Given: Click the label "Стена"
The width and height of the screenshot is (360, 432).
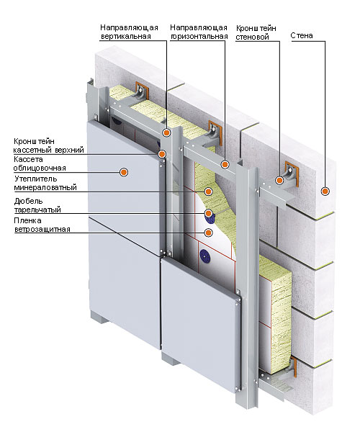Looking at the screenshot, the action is tap(302, 36).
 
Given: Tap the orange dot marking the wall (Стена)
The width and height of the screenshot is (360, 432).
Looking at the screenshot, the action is tap(325, 191).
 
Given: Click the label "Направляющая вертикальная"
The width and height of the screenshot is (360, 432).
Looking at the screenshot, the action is tap(129, 32).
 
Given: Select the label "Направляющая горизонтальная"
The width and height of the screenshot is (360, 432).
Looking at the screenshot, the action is tap(199, 32).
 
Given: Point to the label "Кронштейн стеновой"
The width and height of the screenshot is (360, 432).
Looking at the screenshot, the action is tap(256, 32).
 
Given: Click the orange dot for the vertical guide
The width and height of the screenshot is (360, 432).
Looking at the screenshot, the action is tap(166, 132).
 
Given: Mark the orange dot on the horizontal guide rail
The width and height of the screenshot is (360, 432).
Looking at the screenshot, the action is tap(225, 165).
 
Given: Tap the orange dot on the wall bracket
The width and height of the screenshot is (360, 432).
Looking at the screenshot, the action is tap(279, 181).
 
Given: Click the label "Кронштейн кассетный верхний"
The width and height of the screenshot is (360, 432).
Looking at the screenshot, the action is tap(49, 145).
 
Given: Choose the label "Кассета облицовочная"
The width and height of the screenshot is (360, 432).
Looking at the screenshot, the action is tap(40, 163).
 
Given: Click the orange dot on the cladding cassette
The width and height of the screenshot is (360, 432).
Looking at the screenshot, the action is tap(124, 173).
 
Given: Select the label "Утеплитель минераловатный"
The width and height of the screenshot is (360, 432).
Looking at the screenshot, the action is tap(45, 183).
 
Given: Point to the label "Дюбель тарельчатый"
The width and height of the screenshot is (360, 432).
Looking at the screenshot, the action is tap(37, 205).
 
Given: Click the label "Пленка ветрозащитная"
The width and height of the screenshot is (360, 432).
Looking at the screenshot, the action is tap(42, 225).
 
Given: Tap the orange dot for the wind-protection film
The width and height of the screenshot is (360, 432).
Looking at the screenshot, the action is tap(209, 233).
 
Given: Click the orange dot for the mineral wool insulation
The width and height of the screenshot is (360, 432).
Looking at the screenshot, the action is tap(209, 192).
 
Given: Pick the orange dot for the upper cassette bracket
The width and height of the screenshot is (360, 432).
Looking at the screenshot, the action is tap(162, 154).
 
